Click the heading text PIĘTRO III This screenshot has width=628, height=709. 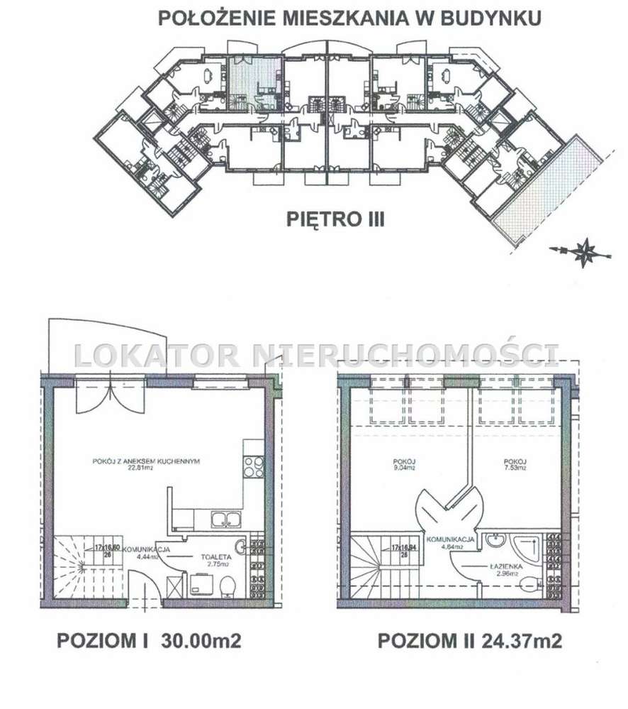[335, 219]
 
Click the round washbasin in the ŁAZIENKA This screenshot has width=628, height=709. [493, 542]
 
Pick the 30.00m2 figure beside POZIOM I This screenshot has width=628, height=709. [201, 642]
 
